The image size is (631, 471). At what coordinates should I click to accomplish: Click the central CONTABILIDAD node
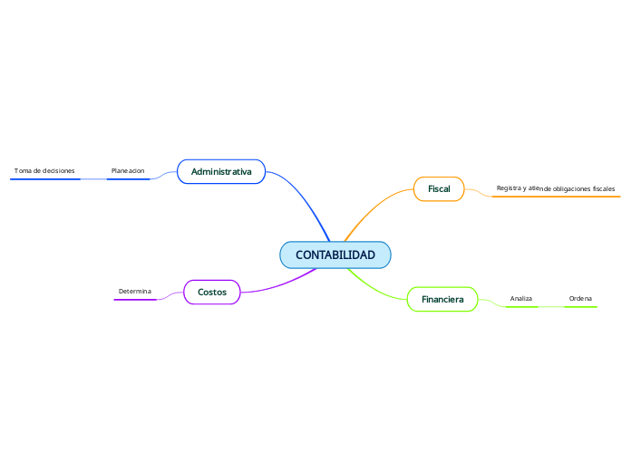click(335, 255)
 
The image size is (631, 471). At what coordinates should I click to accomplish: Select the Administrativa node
click(221, 171)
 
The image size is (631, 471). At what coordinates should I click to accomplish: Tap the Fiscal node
click(439, 188)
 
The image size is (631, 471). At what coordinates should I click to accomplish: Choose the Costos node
click(212, 292)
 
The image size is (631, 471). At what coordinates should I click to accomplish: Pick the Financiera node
click(442, 299)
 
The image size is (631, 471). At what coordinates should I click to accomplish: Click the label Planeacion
click(128, 170)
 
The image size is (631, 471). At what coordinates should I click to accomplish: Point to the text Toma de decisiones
click(44, 170)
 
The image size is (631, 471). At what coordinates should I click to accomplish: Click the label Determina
click(135, 291)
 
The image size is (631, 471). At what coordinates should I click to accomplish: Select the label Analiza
click(521, 298)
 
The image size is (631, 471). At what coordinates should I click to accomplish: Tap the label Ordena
click(580, 298)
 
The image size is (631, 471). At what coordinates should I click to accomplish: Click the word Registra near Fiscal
click(510, 187)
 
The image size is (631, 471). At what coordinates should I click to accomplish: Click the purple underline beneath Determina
click(135, 299)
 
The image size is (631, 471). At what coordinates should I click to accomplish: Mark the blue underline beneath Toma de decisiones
click(45, 179)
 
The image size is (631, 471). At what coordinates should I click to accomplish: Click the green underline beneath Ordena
click(580, 307)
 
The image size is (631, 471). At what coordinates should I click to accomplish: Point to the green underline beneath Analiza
click(521, 307)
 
